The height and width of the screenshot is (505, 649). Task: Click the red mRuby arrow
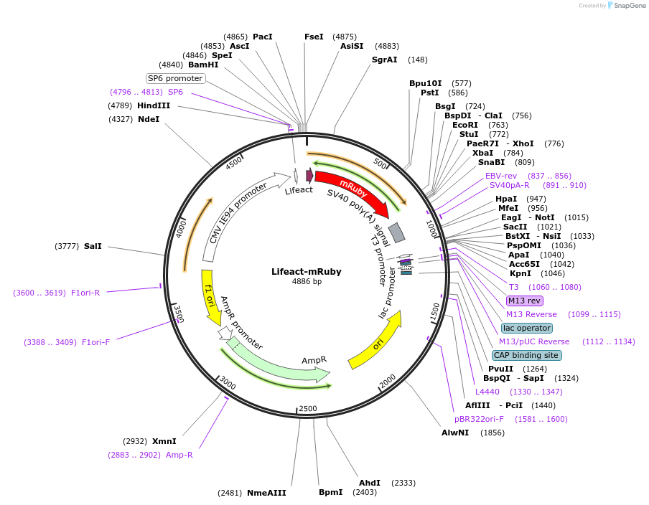pyautogui.click(x=352, y=190)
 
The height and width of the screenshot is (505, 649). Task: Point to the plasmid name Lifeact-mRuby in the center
pyautogui.click(x=307, y=272)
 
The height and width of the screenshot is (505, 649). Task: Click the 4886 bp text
pyautogui.click(x=307, y=282)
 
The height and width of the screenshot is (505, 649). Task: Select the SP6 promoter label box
pyautogui.click(x=175, y=78)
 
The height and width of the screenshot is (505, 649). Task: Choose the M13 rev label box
pyautogui.click(x=524, y=301)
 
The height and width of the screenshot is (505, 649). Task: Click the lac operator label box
pyautogui.click(x=527, y=328)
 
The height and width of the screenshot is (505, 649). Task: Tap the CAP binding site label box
pyautogui.click(x=527, y=355)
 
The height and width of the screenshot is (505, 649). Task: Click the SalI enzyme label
pyautogui.click(x=93, y=246)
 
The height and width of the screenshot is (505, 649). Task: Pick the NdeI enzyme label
pyautogui.click(x=149, y=119)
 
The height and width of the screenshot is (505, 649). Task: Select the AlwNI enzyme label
pyautogui.click(x=455, y=433)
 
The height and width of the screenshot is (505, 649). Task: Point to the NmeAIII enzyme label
pyautogui.click(x=266, y=493)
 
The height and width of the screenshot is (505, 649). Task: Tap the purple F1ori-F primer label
pyautogui.click(x=95, y=342)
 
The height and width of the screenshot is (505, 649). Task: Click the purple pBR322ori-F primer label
pyautogui.click(x=479, y=419)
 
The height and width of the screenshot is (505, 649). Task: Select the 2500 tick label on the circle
pyautogui.click(x=307, y=408)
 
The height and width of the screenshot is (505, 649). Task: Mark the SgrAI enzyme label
pyautogui.click(x=384, y=60)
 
